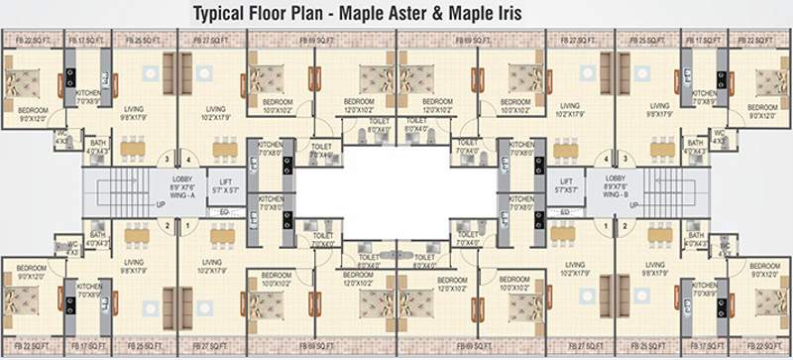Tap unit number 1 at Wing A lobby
point(186,225)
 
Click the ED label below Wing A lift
point(227,212)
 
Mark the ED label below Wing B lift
point(566,212)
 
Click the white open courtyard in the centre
point(396,188)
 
